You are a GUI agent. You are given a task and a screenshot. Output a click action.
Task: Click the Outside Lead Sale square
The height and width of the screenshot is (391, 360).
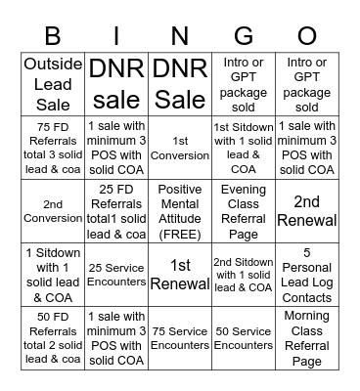click(x=54, y=85)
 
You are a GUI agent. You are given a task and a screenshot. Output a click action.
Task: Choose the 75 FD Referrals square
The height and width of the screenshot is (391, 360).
click(x=54, y=148)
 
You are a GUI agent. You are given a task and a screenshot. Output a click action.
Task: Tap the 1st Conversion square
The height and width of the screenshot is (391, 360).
click(x=180, y=148)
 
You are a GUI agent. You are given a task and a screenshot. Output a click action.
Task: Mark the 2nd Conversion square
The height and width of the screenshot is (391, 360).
click(x=54, y=210)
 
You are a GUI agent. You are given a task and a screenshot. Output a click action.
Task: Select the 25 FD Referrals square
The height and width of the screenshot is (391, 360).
click(x=117, y=210)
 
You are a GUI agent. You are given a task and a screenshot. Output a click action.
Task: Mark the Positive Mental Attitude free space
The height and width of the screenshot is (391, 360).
click(x=180, y=210)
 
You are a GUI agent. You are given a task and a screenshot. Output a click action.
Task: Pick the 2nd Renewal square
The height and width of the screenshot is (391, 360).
click(x=306, y=210)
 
